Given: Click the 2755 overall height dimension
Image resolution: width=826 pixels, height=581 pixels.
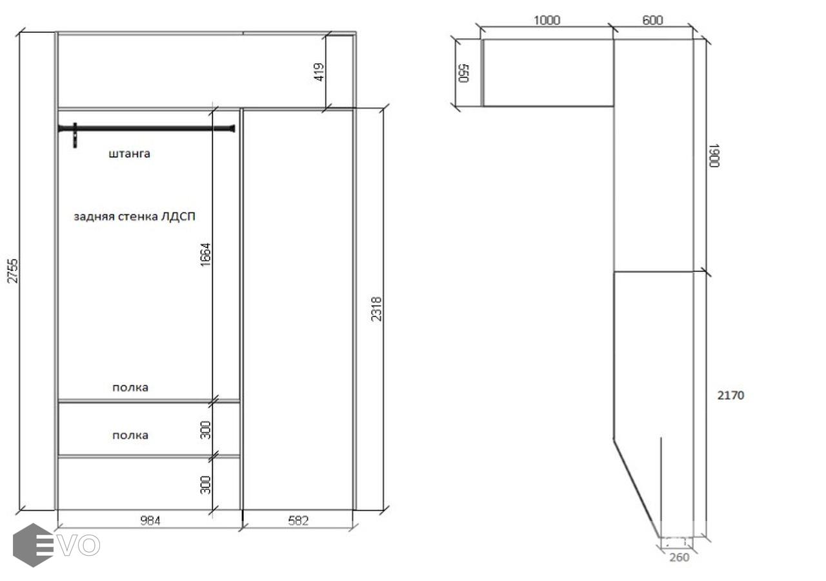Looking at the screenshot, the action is click(12, 271).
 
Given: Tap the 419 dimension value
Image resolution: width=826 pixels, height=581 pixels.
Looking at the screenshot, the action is click(319, 72).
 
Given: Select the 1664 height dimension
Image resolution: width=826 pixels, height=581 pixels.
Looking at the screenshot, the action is click(205, 254).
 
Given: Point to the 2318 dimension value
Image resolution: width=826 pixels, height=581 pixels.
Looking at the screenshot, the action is click(376, 309).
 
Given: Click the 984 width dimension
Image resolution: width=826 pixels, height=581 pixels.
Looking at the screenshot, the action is click(150, 520).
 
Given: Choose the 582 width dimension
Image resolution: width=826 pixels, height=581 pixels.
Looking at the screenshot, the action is click(298, 520).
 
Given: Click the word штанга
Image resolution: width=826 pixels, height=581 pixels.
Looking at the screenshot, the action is click(130, 154).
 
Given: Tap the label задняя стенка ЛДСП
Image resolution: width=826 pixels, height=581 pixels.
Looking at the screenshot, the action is click(135, 216).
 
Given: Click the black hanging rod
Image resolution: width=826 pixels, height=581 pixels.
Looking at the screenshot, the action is click(146, 128).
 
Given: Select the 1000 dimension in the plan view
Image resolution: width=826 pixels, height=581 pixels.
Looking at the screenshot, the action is click(547, 20).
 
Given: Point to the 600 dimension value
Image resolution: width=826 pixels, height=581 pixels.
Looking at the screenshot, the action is click(652, 20).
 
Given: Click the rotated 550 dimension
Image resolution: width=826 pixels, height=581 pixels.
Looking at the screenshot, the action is click(463, 73).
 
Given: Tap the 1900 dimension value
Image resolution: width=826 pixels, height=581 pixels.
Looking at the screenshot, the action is click(714, 156).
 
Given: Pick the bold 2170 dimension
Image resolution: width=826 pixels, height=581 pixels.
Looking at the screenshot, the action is click(731, 396).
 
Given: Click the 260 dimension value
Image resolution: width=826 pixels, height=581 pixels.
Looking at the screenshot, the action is click(680, 557).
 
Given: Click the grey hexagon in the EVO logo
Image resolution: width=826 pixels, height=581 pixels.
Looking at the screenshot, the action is click(33, 545).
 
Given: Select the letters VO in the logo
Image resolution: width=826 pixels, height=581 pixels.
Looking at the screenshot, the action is click(79, 545).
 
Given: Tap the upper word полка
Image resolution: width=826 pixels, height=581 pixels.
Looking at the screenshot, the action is click(130, 388).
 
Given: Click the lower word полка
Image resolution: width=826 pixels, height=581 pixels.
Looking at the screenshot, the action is click(130, 436).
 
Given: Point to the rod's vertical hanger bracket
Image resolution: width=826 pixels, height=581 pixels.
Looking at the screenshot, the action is click(76, 136).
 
